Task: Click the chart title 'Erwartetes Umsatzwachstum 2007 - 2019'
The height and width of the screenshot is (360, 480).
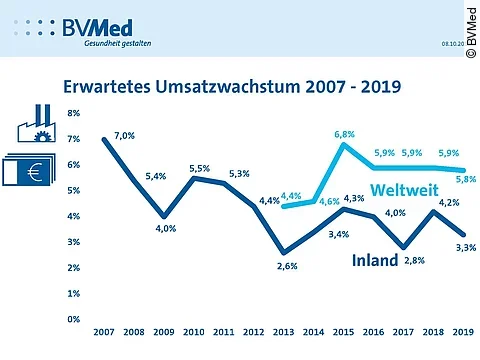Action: click(232, 86)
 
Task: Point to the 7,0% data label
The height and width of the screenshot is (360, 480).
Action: click(124, 134)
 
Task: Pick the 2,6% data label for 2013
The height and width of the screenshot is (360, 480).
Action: click(286, 266)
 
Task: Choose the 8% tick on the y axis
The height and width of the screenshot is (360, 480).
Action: click(74, 113)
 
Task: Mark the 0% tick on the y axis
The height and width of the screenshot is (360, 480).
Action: click(74, 319)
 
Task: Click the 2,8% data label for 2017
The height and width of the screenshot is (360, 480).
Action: click(415, 261)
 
